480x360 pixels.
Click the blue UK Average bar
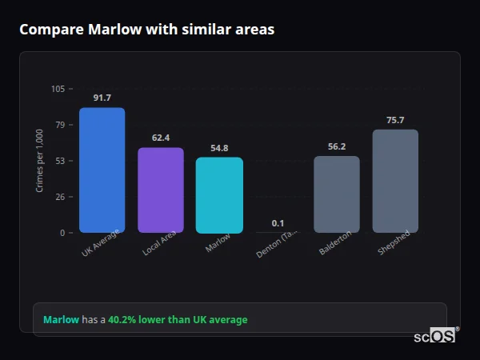tap(102, 170)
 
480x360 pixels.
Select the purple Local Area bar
tap(161, 190)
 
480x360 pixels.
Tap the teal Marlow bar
tap(219, 195)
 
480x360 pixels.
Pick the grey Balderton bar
tap(337, 194)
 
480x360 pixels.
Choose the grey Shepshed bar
tap(395, 181)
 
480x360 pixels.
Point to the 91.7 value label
tap(102, 98)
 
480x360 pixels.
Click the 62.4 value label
tap(161, 138)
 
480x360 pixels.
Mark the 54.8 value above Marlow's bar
tap(219, 148)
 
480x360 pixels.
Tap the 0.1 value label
tap(278, 223)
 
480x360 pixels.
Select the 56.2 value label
tap(337, 146)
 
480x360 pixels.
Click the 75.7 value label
tap(395, 120)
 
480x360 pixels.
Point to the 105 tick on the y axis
tap(58, 89)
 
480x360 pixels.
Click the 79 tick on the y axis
tap(60, 125)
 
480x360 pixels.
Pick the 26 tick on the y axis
tap(60, 197)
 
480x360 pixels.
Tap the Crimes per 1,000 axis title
tap(40, 161)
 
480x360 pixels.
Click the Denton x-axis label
tap(277, 243)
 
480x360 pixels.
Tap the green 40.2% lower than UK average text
tap(178, 320)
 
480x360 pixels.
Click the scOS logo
tap(435, 336)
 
